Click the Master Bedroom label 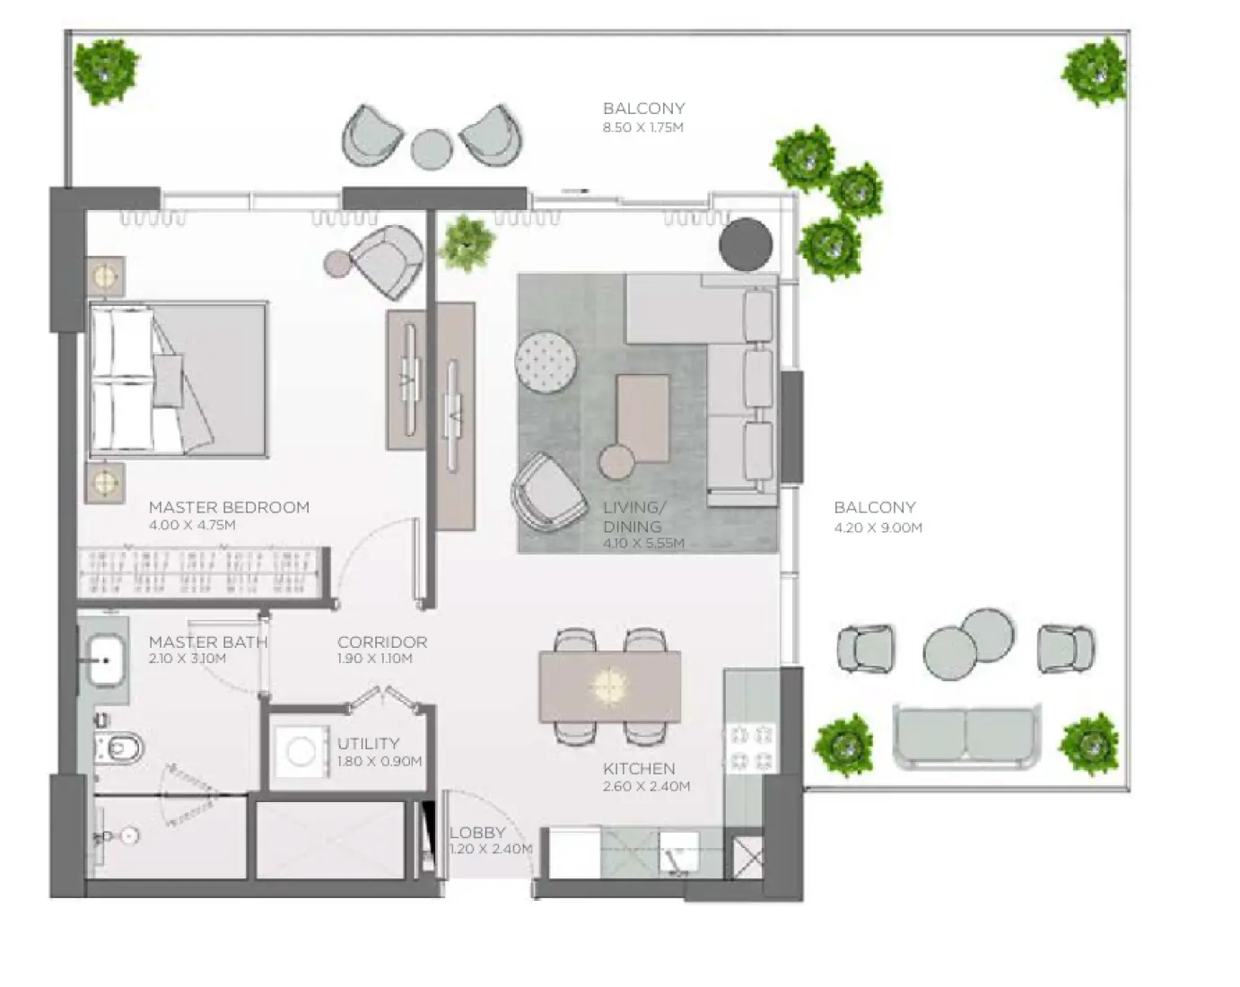coord(229,507)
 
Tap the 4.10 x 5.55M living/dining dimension coord(643,544)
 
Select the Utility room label coord(368,744)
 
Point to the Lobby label coord(477,833)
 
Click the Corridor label coord(382,642)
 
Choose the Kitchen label coord(639,769)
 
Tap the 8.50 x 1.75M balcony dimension coord(642,127)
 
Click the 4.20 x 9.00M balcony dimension coord(878,528)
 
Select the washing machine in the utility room coord(301,751)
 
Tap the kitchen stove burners coord(751,748)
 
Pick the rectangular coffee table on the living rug coord(642,415)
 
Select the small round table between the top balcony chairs coord(432,148)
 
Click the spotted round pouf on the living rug coord(546,362)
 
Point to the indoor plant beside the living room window coord(466,242)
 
